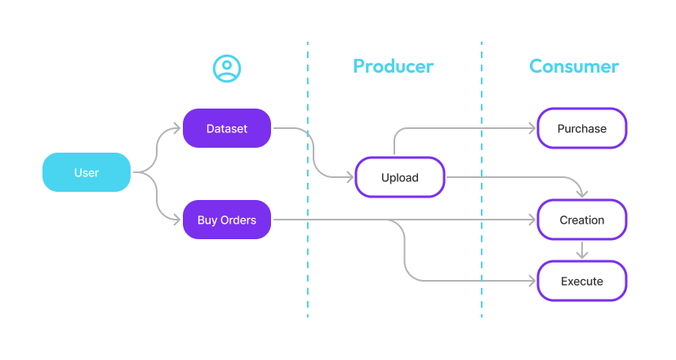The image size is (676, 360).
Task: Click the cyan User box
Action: point(87,172)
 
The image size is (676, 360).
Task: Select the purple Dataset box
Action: point(226,128)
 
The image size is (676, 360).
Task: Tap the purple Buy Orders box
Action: point(226,220)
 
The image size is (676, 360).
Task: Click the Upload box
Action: point(400,177)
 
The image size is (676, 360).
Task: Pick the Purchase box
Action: point(581,128)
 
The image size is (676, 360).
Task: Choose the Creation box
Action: point(581,220)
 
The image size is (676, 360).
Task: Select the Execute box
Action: point(581,281)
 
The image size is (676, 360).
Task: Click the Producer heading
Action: point(393,66)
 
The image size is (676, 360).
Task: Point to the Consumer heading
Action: point(574,66)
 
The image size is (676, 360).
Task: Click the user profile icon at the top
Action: point(226,69)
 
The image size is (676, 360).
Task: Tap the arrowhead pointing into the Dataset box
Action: point(176,128)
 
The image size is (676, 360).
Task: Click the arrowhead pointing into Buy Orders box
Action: point(176,220)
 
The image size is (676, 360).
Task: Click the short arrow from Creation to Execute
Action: point(581,251)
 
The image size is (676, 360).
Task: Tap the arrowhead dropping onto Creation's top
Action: point(581,193)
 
